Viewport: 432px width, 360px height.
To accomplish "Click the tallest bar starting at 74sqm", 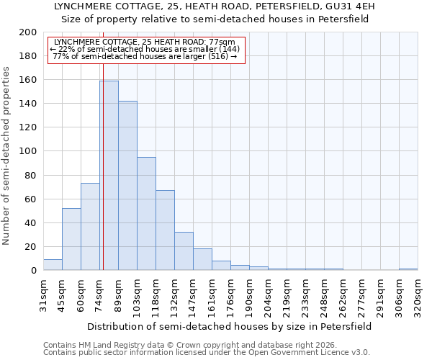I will (109, 176).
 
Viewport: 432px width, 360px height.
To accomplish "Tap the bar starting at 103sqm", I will (146, 214).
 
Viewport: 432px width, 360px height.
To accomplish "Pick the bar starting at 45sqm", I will (71, 239).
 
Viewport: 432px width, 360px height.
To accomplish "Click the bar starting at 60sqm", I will (90, 227).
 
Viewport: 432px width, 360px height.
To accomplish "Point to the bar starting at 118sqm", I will (165, 230).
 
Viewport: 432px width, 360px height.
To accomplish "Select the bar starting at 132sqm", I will (184, 251).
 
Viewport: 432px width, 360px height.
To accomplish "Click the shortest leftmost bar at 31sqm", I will (53, 265).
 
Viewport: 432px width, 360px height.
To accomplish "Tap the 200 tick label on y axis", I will (28, 32).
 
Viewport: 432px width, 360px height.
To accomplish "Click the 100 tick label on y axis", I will (28, 151).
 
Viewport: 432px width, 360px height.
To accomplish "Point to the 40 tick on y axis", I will (31, 222).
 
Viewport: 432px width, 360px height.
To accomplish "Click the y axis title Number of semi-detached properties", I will (7, 156).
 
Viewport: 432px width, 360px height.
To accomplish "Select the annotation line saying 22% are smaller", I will (145, 49).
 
